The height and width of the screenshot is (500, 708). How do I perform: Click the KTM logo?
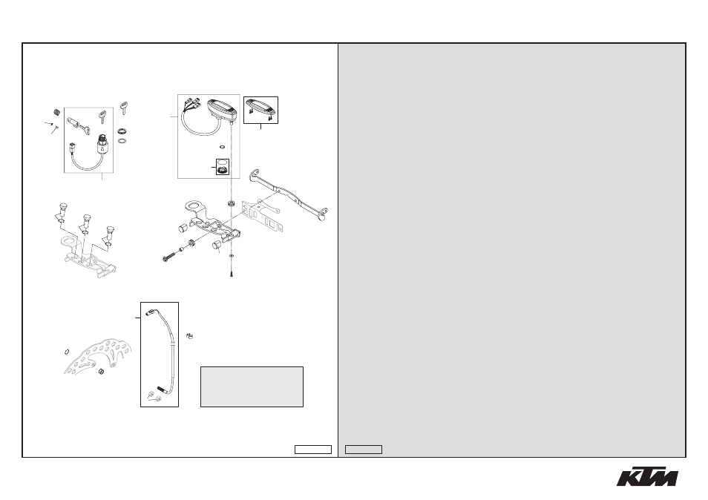647,476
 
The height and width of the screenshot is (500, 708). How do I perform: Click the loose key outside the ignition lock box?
124,108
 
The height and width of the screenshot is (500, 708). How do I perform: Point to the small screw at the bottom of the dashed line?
232,272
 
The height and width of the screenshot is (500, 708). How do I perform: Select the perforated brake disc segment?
100,355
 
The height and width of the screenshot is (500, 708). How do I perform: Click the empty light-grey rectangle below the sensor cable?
252,386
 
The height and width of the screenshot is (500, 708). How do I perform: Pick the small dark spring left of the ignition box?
57,112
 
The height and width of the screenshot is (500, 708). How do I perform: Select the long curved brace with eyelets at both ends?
288,194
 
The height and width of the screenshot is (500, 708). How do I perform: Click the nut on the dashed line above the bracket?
232,203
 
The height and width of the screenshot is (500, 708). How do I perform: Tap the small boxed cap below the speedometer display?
222,167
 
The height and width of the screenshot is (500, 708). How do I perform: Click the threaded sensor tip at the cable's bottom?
161,389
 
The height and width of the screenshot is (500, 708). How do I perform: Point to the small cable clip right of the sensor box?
190,336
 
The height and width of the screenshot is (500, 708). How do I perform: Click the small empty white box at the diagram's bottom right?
313,450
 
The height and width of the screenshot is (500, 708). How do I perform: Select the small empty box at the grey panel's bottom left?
364,450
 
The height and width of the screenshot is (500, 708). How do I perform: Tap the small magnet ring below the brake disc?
102,372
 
